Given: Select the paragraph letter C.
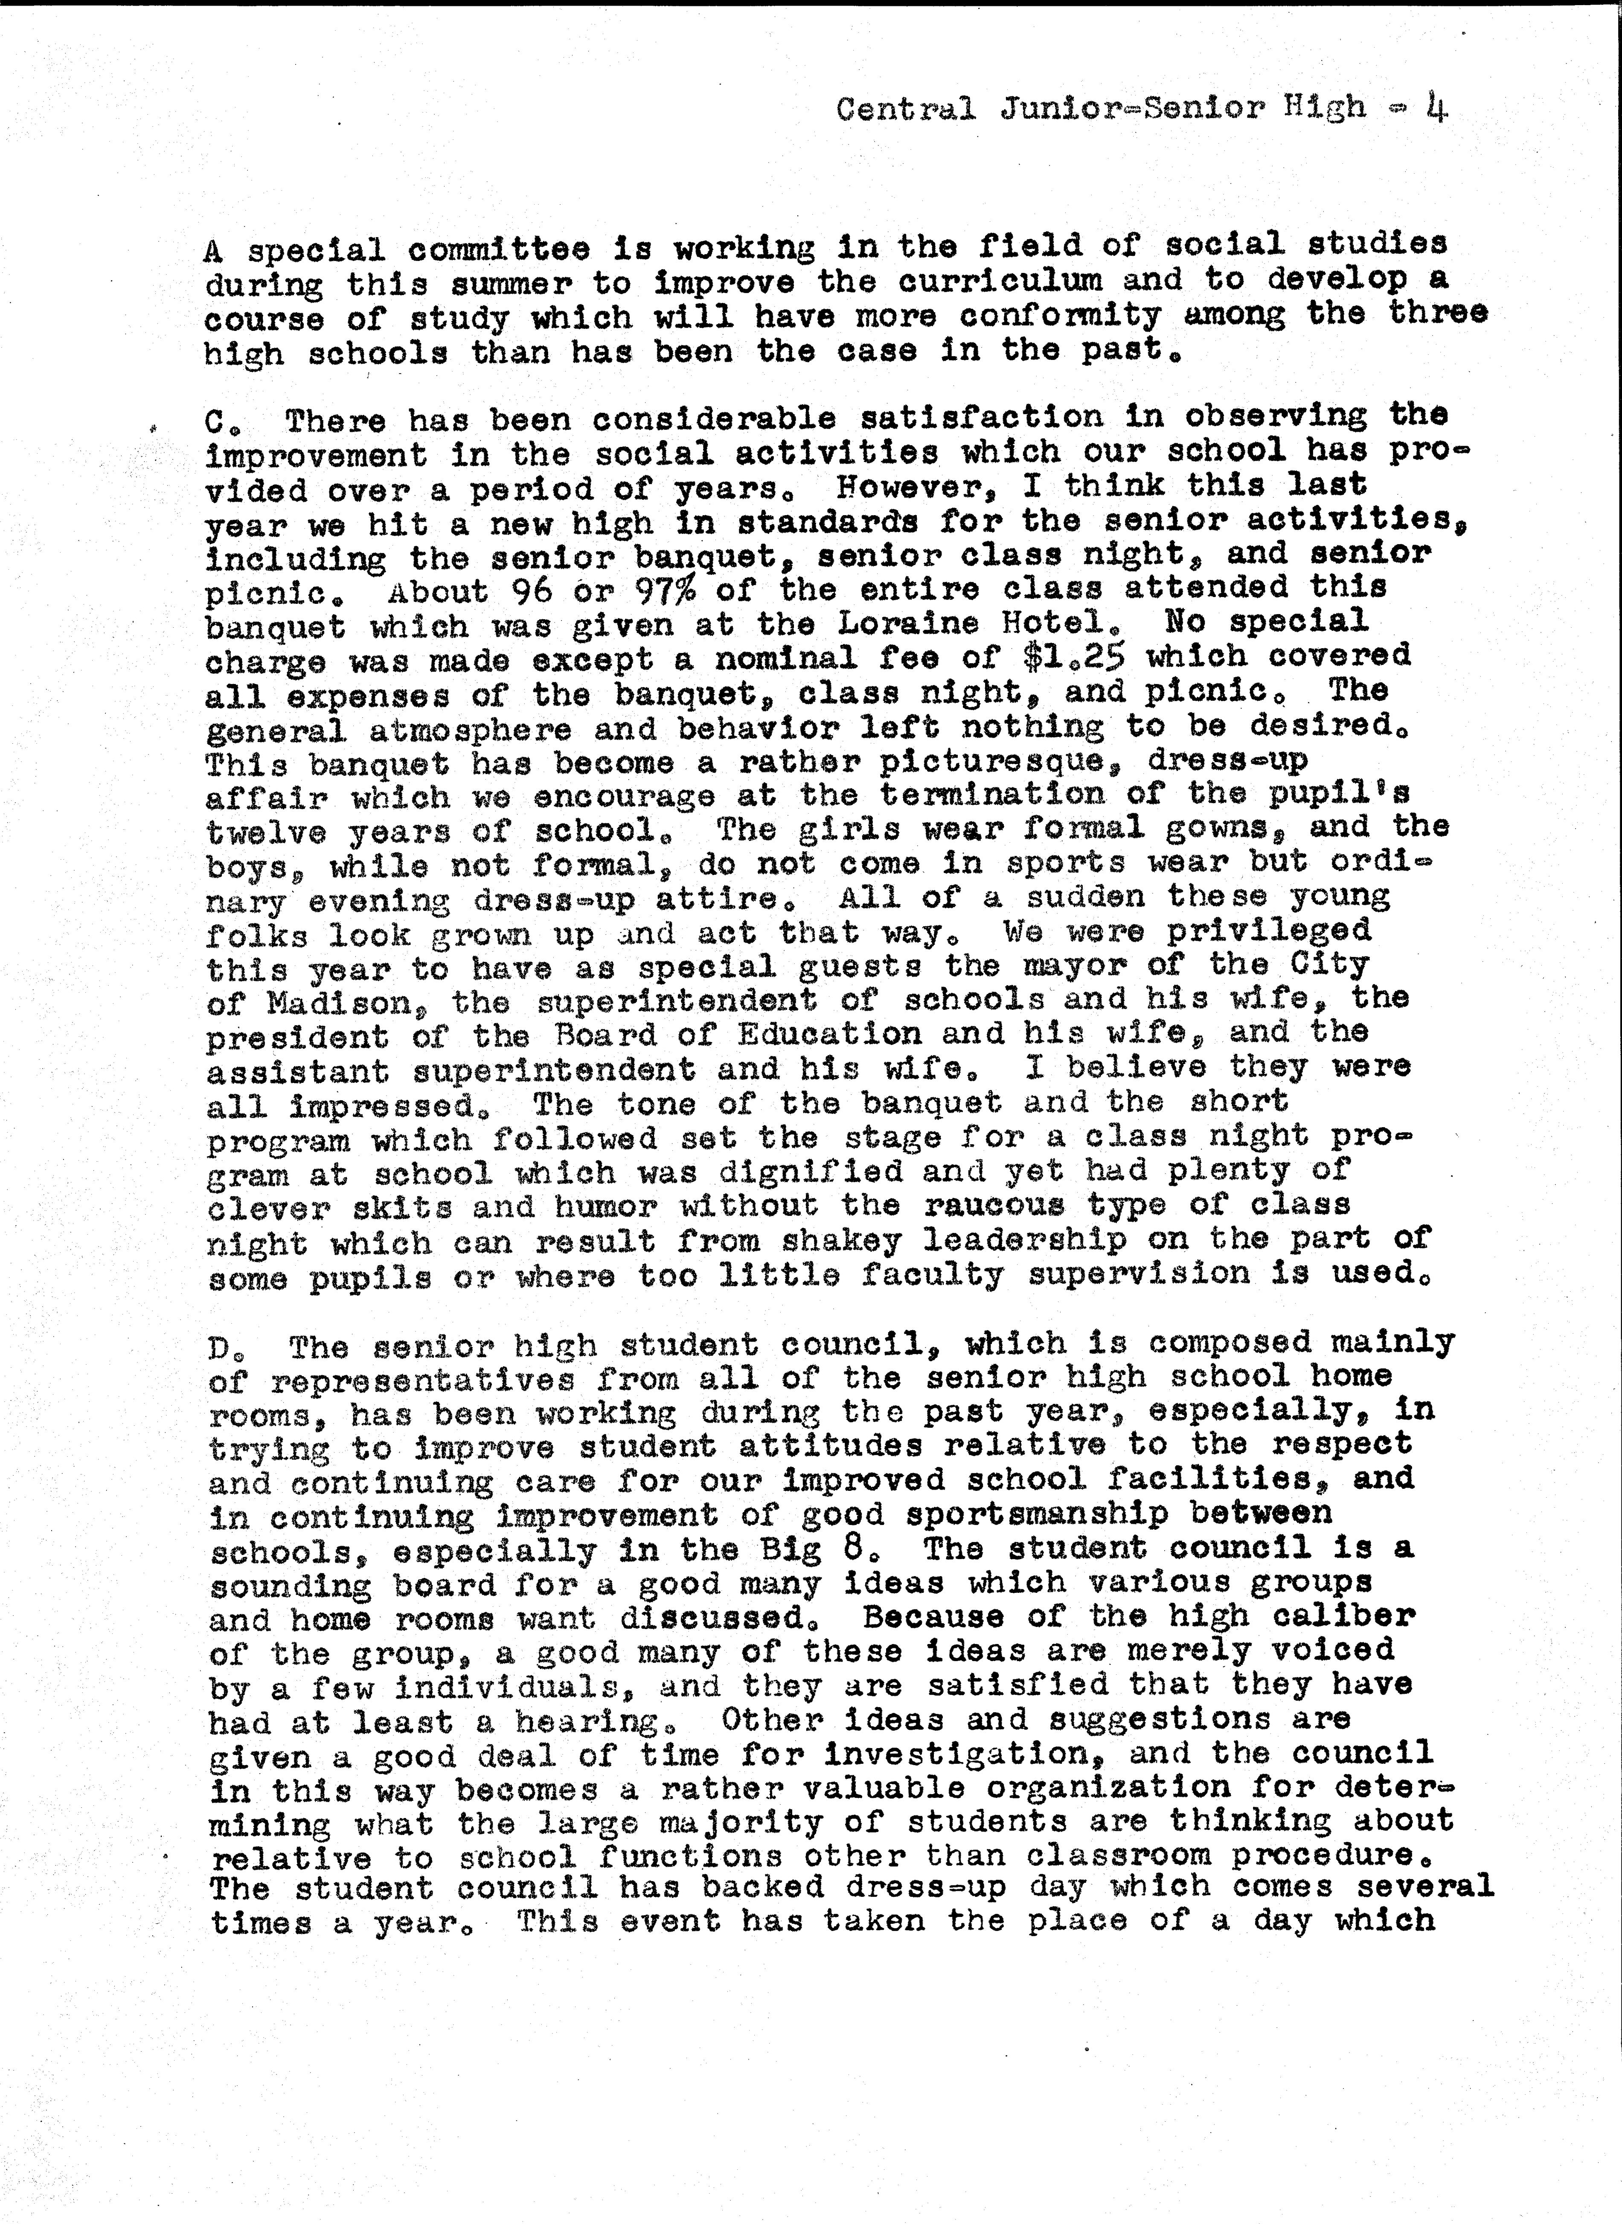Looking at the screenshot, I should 215,422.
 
